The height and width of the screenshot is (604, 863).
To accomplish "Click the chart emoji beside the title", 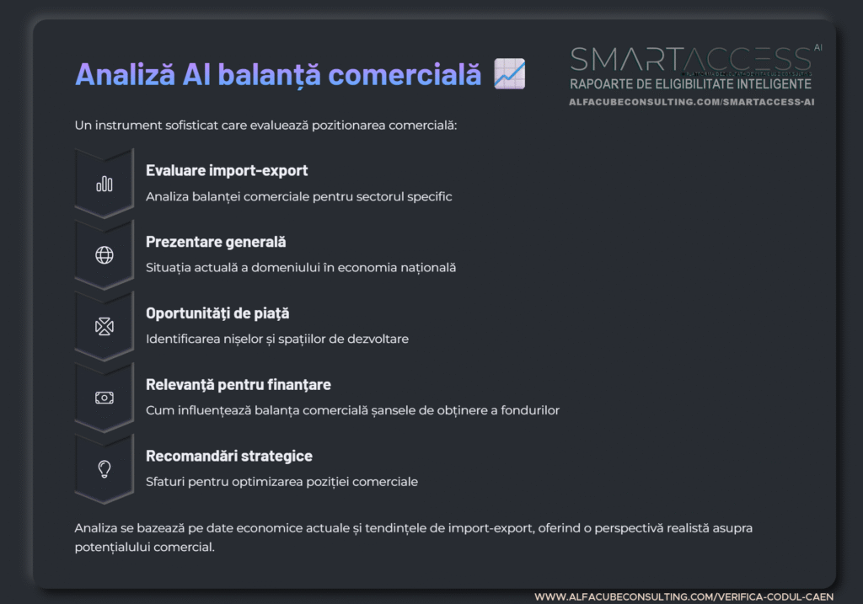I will [509, 74].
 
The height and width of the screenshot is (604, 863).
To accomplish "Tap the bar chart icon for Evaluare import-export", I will [105, 184].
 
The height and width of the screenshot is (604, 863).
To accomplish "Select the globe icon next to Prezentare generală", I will [105, 255].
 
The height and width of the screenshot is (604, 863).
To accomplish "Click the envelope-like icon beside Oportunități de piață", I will [105, 327].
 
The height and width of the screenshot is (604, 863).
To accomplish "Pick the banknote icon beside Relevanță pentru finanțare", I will [105, 398].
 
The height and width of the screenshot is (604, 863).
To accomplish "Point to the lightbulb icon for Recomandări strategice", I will [105, 469].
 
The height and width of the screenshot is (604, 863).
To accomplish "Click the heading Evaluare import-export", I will [227, 170].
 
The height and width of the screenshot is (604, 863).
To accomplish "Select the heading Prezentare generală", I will [216, 242].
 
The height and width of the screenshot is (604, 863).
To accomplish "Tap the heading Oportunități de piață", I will [217, 313].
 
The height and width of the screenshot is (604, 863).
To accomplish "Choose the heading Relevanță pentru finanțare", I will [239, 385].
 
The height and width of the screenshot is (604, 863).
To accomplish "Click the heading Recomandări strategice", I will [229, 456].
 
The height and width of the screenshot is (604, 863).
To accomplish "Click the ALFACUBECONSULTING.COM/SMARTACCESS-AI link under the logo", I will [692, 102].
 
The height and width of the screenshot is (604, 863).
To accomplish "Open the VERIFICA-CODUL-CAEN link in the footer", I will [684, 596].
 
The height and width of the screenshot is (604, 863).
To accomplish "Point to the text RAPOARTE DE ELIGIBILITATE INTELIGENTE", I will [690, 84].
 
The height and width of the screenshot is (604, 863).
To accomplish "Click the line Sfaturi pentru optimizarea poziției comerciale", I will [281, 482].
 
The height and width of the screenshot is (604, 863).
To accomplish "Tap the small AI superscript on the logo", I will [818, 48].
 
